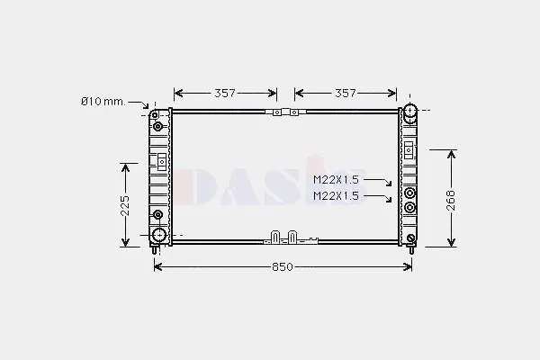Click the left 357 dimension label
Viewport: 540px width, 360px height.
(225, 93)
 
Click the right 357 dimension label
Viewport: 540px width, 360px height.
(346, 93)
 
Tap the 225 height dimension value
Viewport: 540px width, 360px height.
(125, 206)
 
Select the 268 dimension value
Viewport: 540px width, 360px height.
(451, 200)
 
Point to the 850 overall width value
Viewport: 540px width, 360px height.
(283, 267)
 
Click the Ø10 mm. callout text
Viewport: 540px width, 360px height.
(103, 102)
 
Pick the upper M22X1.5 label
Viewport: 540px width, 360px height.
(336, 179)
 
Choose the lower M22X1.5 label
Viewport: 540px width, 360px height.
(336, 196)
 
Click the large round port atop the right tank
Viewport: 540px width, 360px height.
(409, 111)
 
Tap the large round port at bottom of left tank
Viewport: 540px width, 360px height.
(159, 235)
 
